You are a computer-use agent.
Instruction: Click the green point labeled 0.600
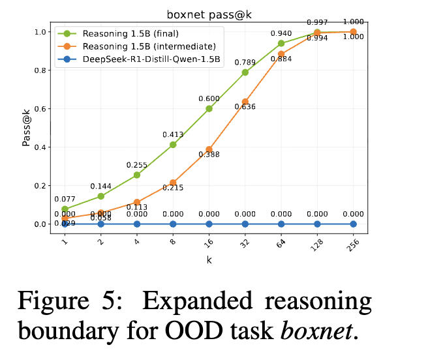(x=209, y=109)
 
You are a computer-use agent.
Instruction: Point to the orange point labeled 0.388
(x=209, y=149)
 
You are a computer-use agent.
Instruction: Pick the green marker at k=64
(x=281, y=44)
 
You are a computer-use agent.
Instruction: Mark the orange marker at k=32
(x=245, y=102)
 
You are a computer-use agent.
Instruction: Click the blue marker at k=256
(x=353, y=224)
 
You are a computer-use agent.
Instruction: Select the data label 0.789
(x=245, y=62)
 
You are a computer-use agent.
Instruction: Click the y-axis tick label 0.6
(x=39, y=109)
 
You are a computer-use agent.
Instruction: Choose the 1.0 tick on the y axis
(x=39, y=32)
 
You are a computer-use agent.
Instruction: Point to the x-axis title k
(x=209, y=260)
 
